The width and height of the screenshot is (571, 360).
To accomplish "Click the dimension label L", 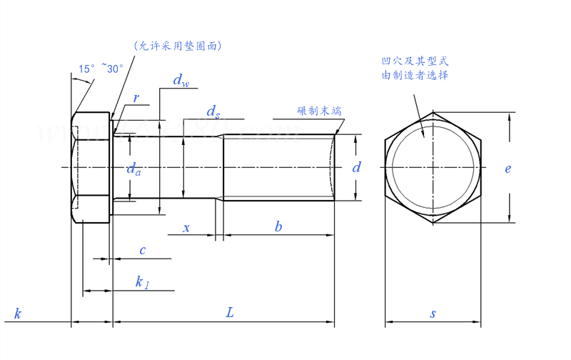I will tap(229, 312).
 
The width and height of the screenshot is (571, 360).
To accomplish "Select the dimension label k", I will tap(18, 314).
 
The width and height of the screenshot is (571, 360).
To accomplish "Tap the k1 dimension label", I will tap(142, 281).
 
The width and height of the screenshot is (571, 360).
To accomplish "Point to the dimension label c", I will tap(143, 250).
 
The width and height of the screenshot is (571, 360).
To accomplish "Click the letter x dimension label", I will tap(187, 228).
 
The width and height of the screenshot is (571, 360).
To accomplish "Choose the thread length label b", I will tap(278, 227).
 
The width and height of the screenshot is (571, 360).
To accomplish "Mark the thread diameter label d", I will tap(357, 168).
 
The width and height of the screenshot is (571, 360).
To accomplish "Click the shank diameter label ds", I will tap(213, 111).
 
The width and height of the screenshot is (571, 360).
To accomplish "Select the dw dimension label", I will tap(181, 81).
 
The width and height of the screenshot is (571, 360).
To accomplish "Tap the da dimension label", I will tap(133, 169).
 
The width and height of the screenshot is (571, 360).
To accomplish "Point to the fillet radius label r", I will tap(136, 98).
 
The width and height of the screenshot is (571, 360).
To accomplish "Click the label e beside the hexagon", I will tap(508, 169).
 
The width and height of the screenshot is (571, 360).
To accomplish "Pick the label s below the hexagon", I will tap(433, 314).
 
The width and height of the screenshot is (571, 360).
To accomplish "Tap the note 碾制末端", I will tap(319, 111).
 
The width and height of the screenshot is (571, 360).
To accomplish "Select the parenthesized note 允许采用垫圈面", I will tap(179, 46).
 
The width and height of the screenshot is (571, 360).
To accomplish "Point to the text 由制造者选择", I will tap(415, 75).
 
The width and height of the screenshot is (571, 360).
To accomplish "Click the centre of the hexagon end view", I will tap(433, 169).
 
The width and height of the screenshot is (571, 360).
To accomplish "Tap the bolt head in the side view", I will tap(91, 169).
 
